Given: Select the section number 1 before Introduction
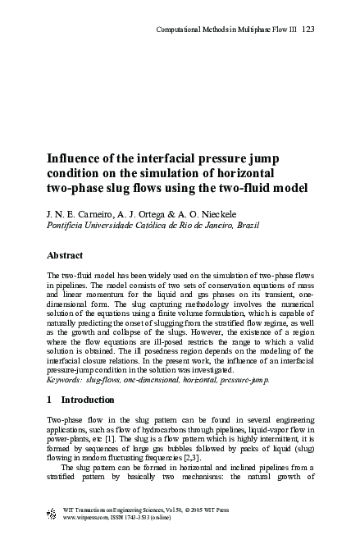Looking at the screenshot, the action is pyautogui.click(x=50, y=400).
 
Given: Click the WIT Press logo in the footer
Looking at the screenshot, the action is pyautogui.click(x=53, y=514).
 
